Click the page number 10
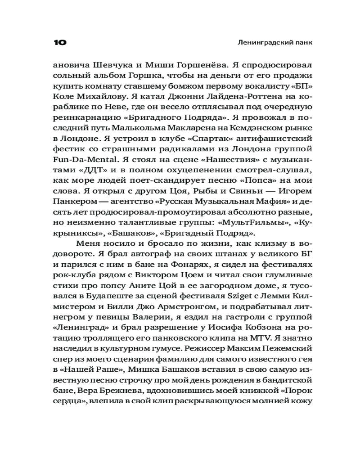tap(60, 43)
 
